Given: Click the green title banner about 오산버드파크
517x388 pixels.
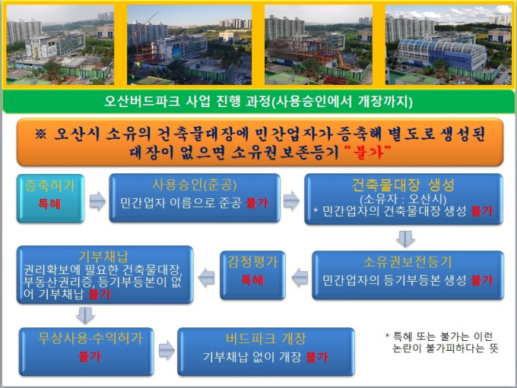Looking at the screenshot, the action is pyautogui.click(x=258, y=101).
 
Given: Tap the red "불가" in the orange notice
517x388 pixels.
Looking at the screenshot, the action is pyautogui.click(x=367, y=153).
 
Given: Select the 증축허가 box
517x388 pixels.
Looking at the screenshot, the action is pyautogui.click(x=50, y=198).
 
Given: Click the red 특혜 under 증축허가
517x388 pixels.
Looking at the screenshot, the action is pyautogui.click(x=49, y=204).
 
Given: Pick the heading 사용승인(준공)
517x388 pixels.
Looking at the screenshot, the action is pyautogui.click(x=194, y=185).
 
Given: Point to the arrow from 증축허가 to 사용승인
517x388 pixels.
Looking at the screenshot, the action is pyautogui.click(x=97, y=201).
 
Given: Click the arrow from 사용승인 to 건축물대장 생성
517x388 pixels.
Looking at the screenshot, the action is pyautogui.click(x=291, y=200).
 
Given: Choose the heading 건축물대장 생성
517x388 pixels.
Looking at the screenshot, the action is pyautogui.click(x=403, y=185).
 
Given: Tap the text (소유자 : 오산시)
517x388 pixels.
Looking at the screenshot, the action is pyautogui.click(x=403, y=199).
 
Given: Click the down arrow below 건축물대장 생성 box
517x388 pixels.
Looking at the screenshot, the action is pyautogui.click(x=405, y=238).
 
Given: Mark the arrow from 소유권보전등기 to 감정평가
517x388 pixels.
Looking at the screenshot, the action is pyautogui.click(x=300, y=277).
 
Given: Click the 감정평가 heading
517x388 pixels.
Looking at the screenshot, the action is pyautogui.click(x=252, y=261).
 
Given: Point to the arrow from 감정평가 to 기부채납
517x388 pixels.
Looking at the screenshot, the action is pyautogui.click(x=206, y=278).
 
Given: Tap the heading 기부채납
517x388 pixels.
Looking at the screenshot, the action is pyautogui.click(x=103, y=257).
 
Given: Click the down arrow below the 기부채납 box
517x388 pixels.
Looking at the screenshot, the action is pyautogui.click(x=86, y=315).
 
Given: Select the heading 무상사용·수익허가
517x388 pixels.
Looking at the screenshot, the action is pyautogui.click(x=90, y=338).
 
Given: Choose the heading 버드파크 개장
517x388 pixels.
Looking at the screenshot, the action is pyautogui.click(x=266, y=338).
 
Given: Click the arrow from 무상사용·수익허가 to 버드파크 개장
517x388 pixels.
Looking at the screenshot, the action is pyautogui.click(x=167, y=350).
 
